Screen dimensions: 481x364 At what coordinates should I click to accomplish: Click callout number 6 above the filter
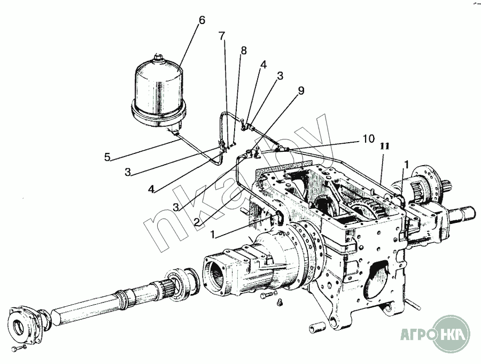[201, 21]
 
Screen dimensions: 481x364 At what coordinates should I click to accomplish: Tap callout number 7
[222, 36]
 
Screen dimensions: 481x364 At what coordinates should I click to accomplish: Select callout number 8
[244, 51]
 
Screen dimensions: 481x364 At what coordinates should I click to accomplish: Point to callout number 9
[301, 90]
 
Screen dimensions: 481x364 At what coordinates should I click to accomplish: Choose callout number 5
[107, 157]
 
